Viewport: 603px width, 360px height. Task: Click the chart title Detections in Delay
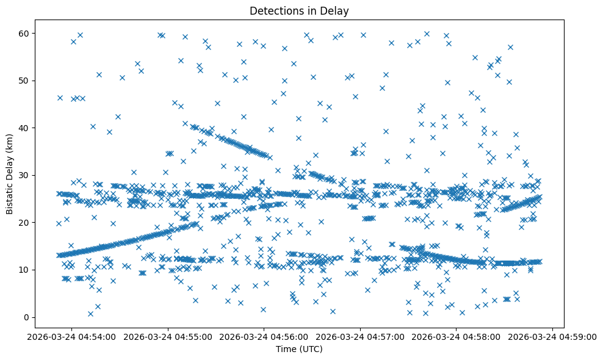click(299, 11)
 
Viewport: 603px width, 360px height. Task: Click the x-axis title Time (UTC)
click(299, 350)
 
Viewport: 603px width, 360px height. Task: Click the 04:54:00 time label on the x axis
click(71, 336)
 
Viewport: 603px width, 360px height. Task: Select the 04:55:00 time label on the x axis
click(168, 336)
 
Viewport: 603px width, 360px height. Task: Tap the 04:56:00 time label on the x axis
click(264, 336)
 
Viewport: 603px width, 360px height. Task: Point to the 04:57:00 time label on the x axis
click(360, 336)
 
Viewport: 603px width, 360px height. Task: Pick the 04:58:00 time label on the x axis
click(457, 336)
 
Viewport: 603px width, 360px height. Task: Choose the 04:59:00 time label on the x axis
click(553, 336)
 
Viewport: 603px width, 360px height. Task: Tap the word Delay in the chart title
click(336, 11)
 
